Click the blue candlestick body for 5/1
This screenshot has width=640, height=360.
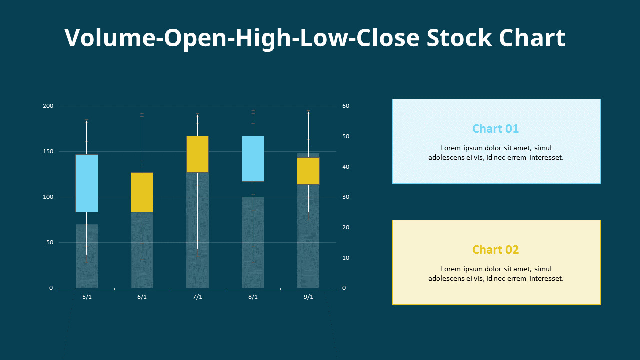[x=87, y=183]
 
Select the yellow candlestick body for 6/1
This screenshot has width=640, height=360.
[x=142, y=192]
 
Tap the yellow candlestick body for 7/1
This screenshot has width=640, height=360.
[x=197, y=154]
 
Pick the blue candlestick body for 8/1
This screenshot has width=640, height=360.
[x=253, y=159]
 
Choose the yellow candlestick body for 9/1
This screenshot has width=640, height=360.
[x=308, y=171]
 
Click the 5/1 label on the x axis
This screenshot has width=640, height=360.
[x=87, y=297]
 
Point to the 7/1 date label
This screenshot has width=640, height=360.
[x=197, y=297]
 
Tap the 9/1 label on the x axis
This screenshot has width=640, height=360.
[x=308, y=297]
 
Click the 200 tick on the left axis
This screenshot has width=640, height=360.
[x=48, y=106]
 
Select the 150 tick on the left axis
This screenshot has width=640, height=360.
[x=48, y=151]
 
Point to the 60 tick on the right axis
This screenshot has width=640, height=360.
[x=346, y=106]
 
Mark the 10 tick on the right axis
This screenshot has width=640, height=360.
[x=346, y=258]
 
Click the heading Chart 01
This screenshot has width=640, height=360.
[x=496, y=129]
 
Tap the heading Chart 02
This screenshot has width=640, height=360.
[x=496, y=250]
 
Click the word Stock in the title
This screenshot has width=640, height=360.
[x=459, y=38]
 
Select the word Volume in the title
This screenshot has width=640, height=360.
[x=110, y=38]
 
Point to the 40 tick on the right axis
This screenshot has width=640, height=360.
[x=346, y=167]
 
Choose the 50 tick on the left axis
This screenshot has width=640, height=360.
[x=49, y=242]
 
